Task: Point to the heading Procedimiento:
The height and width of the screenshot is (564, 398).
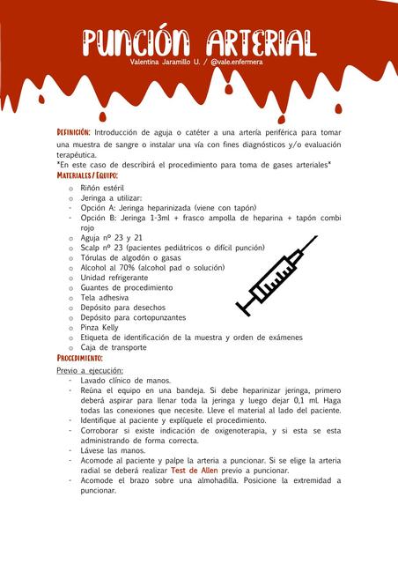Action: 80,359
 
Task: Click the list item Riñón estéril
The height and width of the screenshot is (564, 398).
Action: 102,188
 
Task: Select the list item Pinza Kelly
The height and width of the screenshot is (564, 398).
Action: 99,327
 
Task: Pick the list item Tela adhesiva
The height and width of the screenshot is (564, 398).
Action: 105,297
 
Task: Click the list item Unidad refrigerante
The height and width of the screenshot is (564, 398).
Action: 114,278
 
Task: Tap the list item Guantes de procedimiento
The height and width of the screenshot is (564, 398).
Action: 127,287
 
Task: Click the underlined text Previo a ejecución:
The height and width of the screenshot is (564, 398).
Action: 90,371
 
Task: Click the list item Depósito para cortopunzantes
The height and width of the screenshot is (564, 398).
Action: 133,317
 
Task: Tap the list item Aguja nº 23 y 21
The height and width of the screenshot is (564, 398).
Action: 111,237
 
